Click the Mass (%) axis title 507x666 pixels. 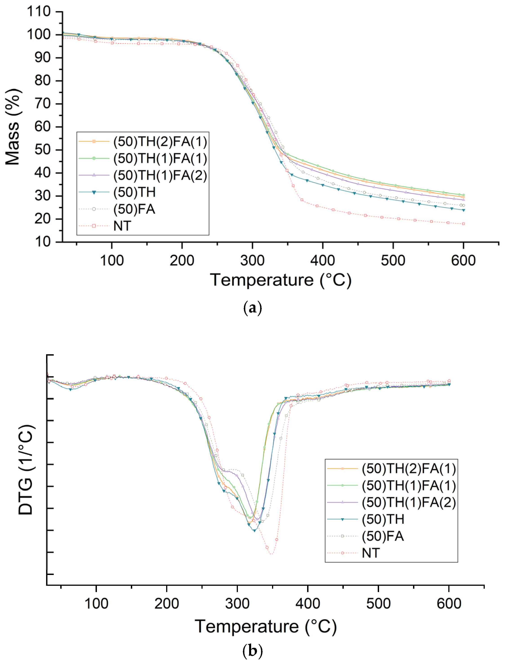click(13, 127)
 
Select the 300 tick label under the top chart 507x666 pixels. click(252, 260)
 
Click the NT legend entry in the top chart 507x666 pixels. click(122, 226)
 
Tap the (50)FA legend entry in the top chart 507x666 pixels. click(134, 209)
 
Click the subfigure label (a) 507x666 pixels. click(252, 308)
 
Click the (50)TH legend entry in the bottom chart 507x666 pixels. click(383, 519)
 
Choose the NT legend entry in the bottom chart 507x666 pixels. click(371, 553)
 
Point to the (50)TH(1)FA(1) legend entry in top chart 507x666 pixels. click(160, 158)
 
